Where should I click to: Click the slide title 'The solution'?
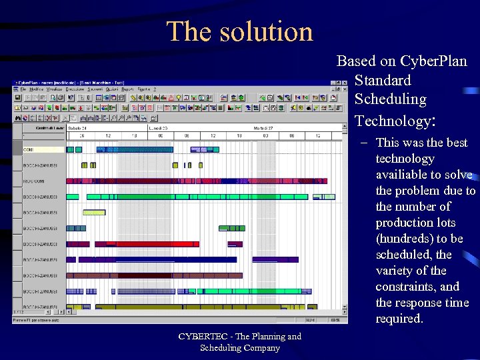[x=239, y=31]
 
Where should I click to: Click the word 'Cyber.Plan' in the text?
[x=434, y=61]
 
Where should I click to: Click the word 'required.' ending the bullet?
[x=399, y=319]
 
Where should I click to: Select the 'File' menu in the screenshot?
[x=23, y=89]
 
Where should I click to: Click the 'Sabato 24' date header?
[x=78, y=127]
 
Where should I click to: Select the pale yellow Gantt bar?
[x=94, y=213]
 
